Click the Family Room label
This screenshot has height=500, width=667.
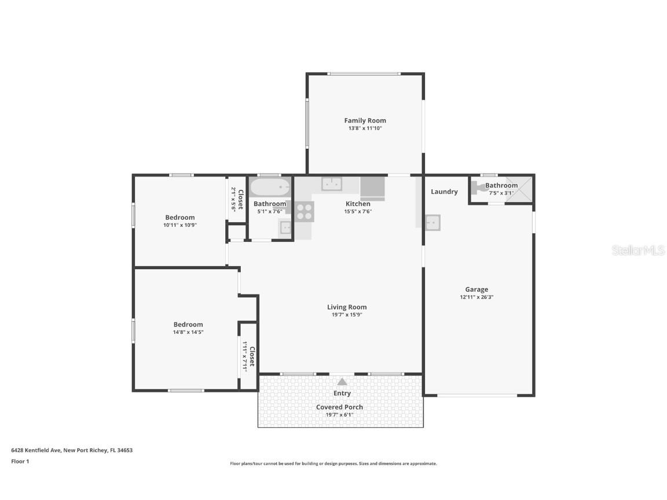tap(365, 120)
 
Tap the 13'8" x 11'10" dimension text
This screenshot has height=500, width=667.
tap(365, 128)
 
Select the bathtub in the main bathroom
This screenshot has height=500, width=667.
tap(270, 187)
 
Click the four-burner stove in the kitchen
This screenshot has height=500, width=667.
tap(305, 212)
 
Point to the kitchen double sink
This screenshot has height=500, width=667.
tap(332, 184)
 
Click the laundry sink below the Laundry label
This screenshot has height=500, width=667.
tap(432, 222)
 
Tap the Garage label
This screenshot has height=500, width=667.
tap(477, 289)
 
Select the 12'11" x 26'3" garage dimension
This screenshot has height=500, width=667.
tap(477, 297)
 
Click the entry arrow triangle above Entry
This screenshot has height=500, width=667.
tap(342, 381)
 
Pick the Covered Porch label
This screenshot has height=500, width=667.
tap(339, 407)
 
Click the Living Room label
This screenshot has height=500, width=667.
tap(347, 307)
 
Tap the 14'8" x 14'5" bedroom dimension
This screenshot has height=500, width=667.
tap(188, 332)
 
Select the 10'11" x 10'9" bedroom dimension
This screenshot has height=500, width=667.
tap(180, 225)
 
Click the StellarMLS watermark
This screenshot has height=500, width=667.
tap(638, 250)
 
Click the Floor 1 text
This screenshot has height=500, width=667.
tap(20, 461)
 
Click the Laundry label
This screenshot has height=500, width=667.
tap(444, 192)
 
